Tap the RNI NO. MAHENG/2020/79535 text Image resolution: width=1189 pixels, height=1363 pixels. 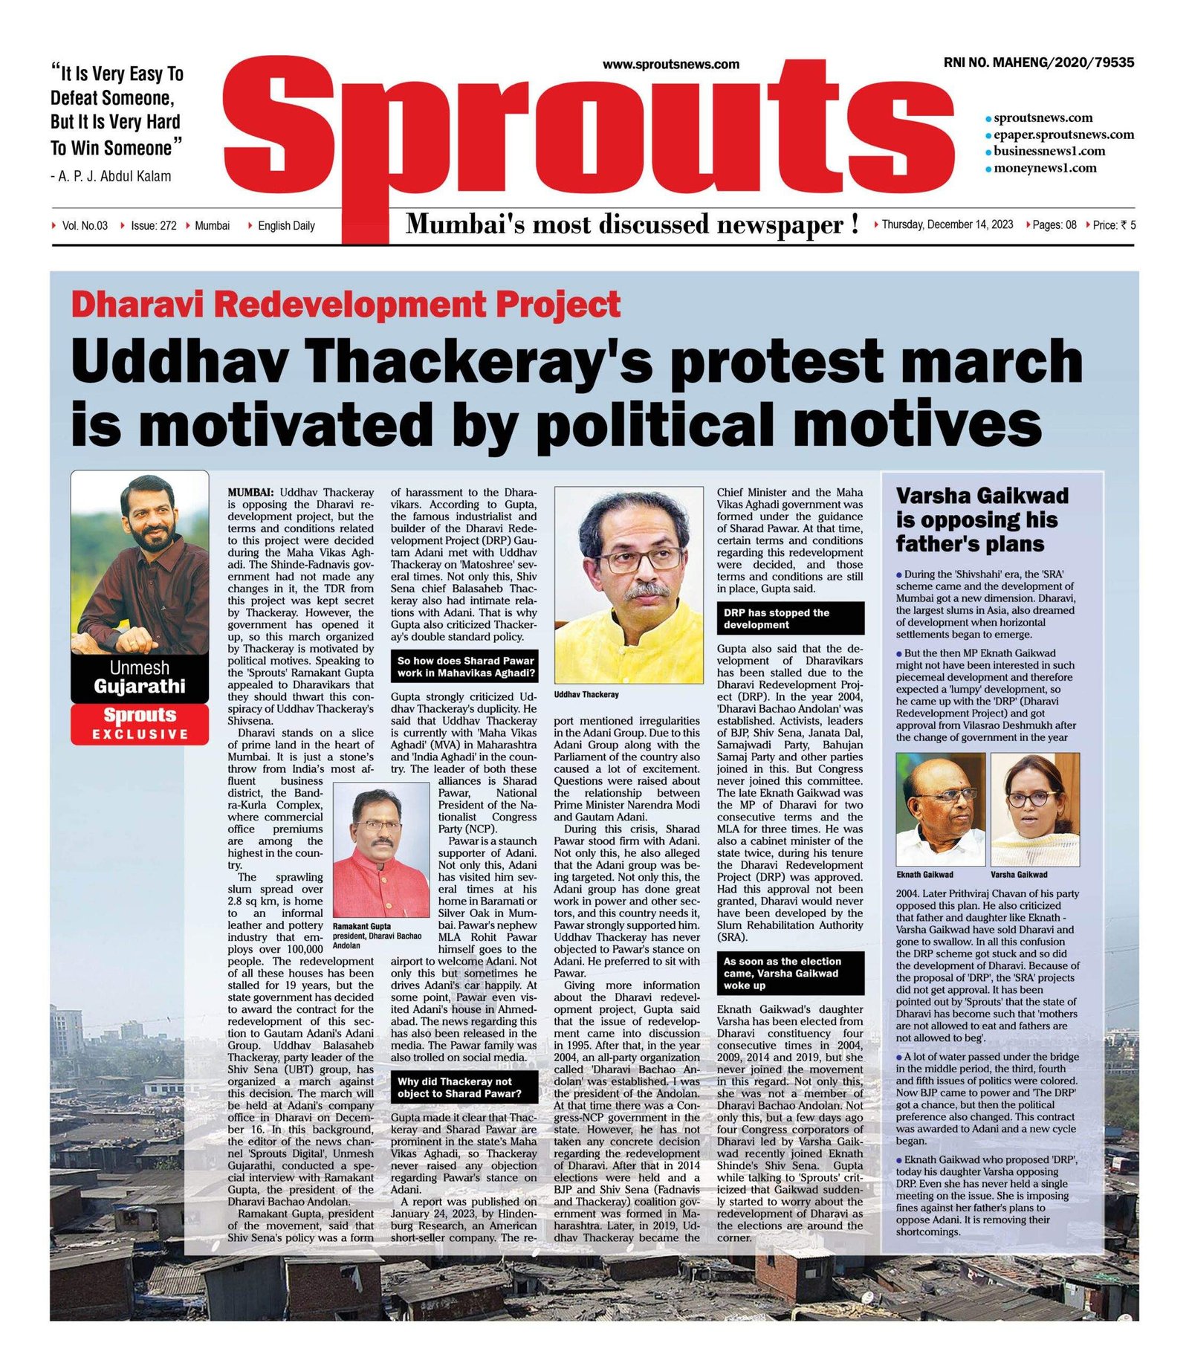tap(1038, 62)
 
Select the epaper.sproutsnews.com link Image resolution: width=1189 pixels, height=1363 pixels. tap(1063, 135)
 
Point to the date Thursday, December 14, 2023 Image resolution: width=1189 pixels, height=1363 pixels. tap(947, 224)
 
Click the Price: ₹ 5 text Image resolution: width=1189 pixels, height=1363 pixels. tap(1114, 225)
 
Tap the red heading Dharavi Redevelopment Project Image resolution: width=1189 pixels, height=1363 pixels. tap(346, 305)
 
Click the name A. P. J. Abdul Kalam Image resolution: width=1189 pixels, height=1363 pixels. tap(114, 176)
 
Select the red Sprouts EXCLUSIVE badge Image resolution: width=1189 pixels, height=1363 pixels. tap(140, 723)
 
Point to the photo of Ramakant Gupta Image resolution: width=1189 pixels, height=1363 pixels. tap(381, 849)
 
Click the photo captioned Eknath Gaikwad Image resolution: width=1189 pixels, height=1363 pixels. tap(940, 809)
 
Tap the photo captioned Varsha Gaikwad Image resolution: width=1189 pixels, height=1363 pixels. tap(1034, 809)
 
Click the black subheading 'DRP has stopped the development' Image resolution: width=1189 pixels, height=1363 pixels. tap(790, 618)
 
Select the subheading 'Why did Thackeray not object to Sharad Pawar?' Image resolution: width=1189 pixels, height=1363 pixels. tap(464, 1087)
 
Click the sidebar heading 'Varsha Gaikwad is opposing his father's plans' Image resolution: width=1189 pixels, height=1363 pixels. tap(982, 519)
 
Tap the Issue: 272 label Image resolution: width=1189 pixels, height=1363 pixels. tap(153, 225)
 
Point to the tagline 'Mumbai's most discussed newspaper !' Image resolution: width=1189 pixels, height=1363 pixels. tap(632, 224)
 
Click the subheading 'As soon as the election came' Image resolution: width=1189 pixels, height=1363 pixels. tap(790, 973)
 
